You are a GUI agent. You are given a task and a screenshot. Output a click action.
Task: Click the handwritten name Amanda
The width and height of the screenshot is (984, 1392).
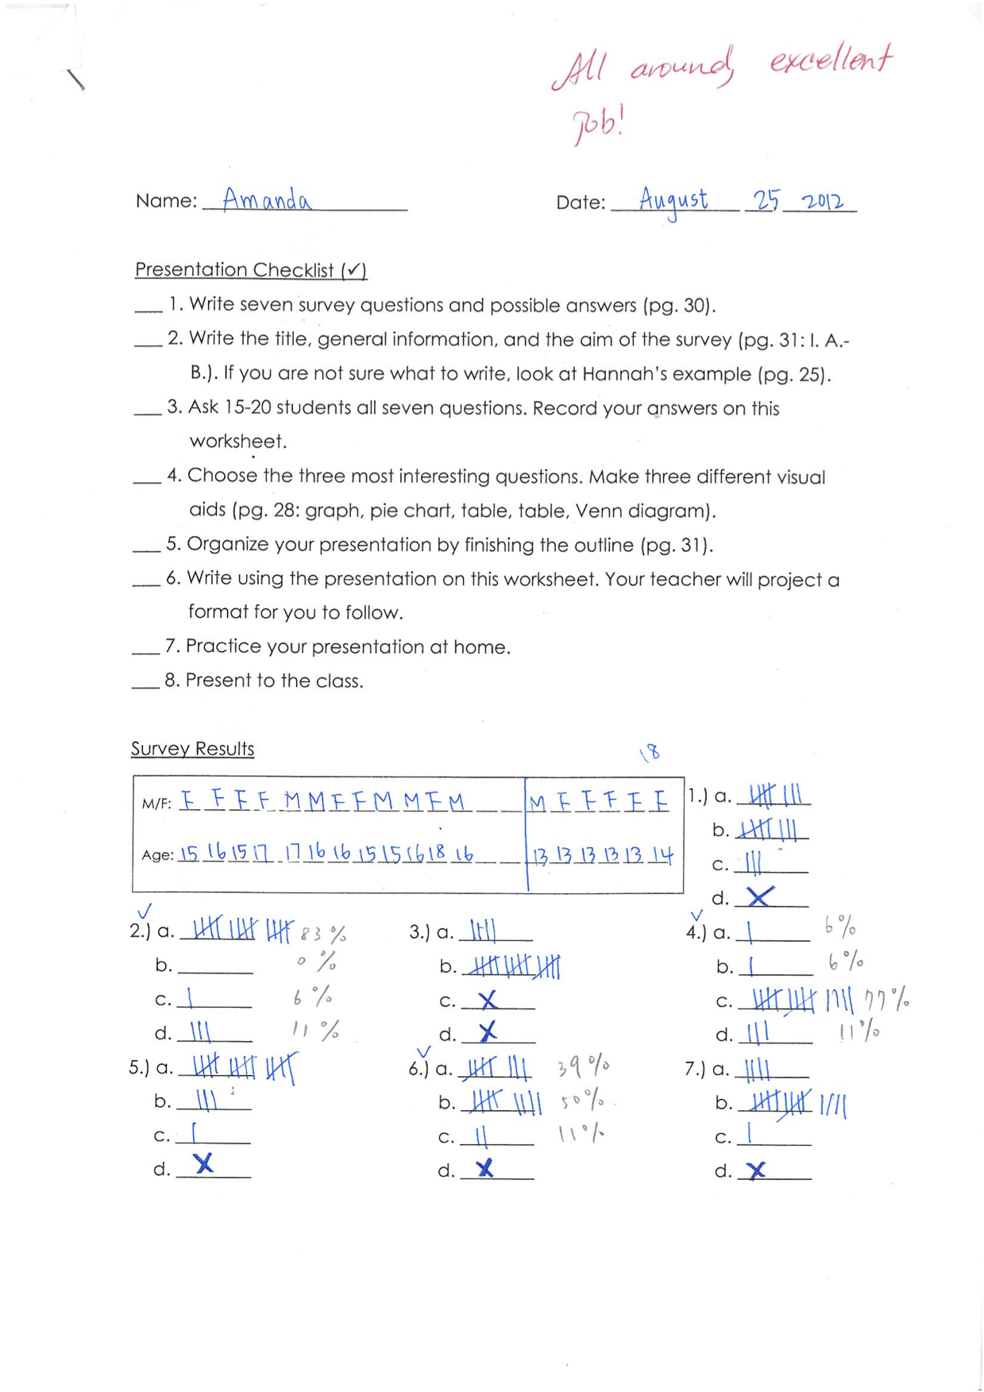[266, 199]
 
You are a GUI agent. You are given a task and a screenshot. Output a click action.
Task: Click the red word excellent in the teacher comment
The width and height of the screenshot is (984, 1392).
[831, 60]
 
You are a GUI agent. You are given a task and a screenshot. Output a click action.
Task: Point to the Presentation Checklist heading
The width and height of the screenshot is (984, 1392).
[250, 270]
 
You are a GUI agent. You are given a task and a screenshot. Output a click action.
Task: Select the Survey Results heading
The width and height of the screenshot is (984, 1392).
[192, 749]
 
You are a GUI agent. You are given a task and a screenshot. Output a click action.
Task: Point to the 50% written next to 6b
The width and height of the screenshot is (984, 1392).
[582, 1101]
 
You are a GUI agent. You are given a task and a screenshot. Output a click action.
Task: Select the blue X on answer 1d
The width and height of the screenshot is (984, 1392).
[760, 897]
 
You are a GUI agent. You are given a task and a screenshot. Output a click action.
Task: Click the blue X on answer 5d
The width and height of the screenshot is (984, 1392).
[204, 1163]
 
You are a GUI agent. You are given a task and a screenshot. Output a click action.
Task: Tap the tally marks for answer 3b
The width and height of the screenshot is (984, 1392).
[513, 966]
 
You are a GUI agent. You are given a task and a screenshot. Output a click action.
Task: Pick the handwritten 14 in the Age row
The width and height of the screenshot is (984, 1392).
[661, 855]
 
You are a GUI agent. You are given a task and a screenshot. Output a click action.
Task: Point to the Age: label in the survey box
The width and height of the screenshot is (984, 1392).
[157, 855]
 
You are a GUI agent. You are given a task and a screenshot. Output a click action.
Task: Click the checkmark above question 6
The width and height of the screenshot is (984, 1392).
[423, 1053]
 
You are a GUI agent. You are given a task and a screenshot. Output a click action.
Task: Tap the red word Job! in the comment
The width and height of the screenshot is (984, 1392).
[598, 125]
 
